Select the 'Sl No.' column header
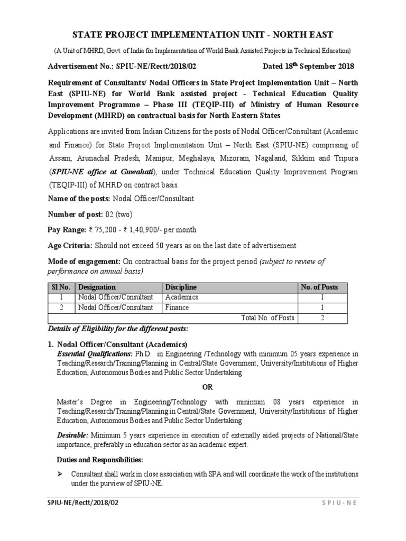pyautogui.click(x=61, y=287)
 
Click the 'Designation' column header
pyautogui.click(x=97, y=287)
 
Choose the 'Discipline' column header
pyautogui.click(x=181, y=287)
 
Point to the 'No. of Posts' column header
pyautogui.click(x=320, y=287)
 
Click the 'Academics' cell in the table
pyautogui.click(x=182, y=297)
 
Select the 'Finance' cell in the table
pyautogui.click(x=177, y=307)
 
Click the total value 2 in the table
pyautogui.click(x=322, y=318)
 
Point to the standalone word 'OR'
pyautogui.click(x=207, y=387)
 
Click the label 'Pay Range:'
pyautogui.click(x=69, y=230)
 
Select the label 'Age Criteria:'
pyautogui.click(x=70, y=245)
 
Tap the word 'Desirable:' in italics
pyautogui.click(x=73, y=435)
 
